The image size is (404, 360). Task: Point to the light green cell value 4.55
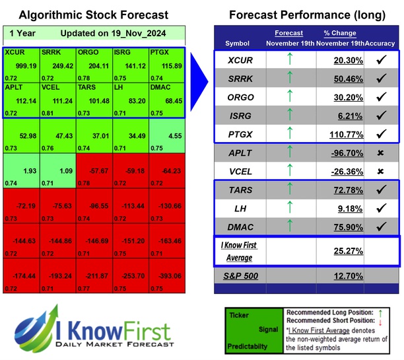coord(174,136)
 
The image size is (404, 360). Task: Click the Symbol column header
coord(238,42)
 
